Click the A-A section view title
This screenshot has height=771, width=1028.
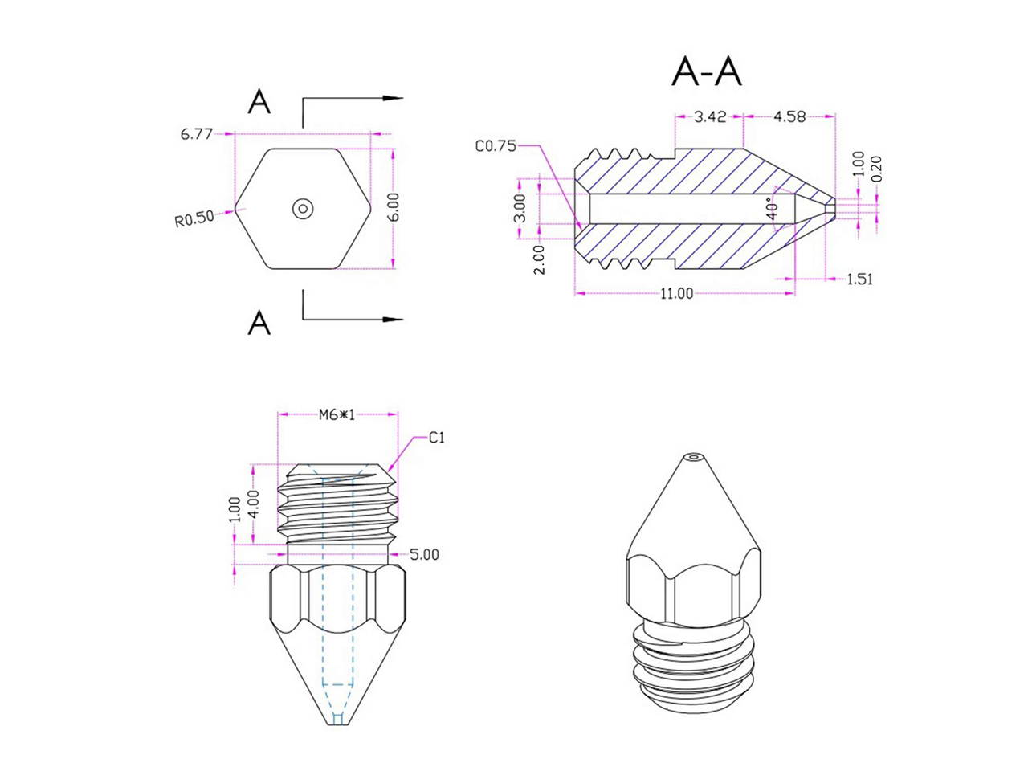tap(707, 72)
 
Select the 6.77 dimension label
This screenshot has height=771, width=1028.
tap(197, 134)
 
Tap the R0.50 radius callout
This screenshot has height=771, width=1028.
tap(194, 218)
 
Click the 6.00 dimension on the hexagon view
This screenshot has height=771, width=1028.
tap(393, 208)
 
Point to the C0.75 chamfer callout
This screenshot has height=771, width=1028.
tap(496, 146)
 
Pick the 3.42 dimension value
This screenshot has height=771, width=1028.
tap(710, 116)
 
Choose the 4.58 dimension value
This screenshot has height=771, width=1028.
tap(789, 116)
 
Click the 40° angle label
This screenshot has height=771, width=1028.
tap(773, 210)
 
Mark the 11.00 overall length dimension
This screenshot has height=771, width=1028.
tap(677, 294)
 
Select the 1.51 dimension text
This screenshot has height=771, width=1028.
tap(860, 279)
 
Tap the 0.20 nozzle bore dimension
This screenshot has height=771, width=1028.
tap(876, 169)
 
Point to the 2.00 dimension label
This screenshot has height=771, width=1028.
tap(539, 259)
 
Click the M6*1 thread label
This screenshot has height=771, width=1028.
tap(337, 414)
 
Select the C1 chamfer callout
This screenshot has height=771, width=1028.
tap(436, 438)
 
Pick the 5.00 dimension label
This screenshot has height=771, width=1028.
tap(424, 554)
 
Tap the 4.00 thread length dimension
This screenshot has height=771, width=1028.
tap(254, 504)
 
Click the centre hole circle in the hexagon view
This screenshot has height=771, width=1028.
tap(302, 209)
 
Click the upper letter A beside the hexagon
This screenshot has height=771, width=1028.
tap(259, 102)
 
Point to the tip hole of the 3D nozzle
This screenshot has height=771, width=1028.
tap(693, 459)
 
